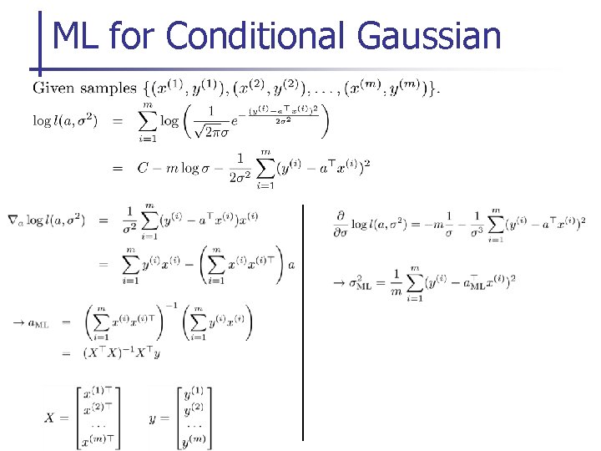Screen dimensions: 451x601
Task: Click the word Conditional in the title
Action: coord(255,37)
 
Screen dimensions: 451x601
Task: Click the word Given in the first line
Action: coord(52,88)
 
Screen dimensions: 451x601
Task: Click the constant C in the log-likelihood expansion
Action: coord(143,168)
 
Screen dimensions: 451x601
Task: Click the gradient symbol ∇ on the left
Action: coord(12,220)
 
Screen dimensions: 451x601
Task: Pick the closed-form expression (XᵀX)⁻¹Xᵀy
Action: coord(120,353)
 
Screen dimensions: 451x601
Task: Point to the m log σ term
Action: coord(181,168)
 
